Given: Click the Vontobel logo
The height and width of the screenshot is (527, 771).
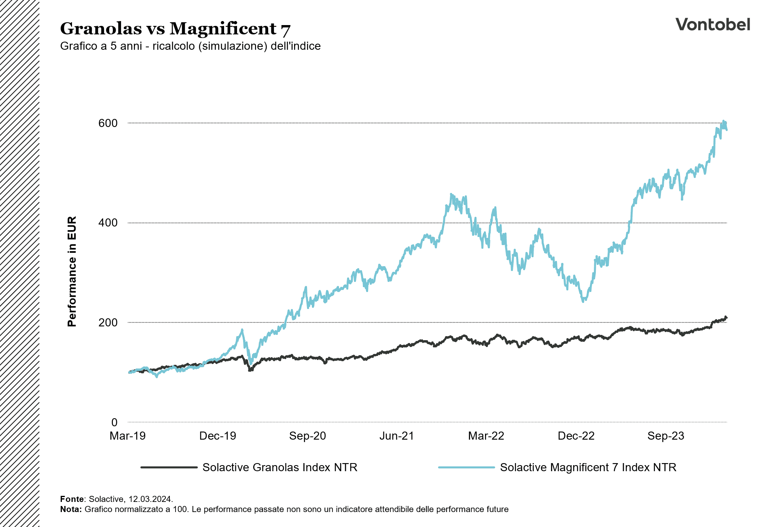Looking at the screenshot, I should click(x=713, y=25).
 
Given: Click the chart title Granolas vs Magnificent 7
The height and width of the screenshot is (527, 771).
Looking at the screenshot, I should click(x=175, y=29).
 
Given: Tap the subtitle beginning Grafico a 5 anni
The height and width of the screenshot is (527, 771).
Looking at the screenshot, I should click(x=190, y=46).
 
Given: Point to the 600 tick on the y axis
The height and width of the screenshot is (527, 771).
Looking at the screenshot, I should click(x=108, y=123).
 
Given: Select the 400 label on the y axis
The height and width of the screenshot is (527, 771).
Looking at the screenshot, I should click(x=108, y=223).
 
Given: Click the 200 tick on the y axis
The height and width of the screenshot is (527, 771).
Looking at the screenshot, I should click(x=108, y=323).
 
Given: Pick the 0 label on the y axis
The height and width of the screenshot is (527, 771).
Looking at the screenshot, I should click(x=114, y=423).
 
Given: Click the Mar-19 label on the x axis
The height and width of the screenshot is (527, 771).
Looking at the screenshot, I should click(x=127, y=436).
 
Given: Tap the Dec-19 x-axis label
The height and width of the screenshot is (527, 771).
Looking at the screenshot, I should click(x=218, y=436).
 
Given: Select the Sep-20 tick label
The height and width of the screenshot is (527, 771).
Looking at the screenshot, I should click(x=307, y=436).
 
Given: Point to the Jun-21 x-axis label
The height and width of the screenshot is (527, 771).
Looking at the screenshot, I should click(x=396, y=436).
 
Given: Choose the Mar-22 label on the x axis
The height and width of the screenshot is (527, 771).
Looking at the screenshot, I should click(x=486, y=436).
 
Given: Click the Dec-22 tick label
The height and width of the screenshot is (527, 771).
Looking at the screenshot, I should click(x=576, y=436).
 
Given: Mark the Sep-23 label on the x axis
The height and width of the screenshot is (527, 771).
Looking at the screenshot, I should click(x=666, y=436).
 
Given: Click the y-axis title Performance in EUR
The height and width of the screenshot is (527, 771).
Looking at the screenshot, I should click(x=72, y=271).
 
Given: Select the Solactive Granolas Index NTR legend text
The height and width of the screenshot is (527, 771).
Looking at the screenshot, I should click(x=280, y=468).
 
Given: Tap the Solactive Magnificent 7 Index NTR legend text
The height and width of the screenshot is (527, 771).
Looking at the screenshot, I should click(x=588, y=468).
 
